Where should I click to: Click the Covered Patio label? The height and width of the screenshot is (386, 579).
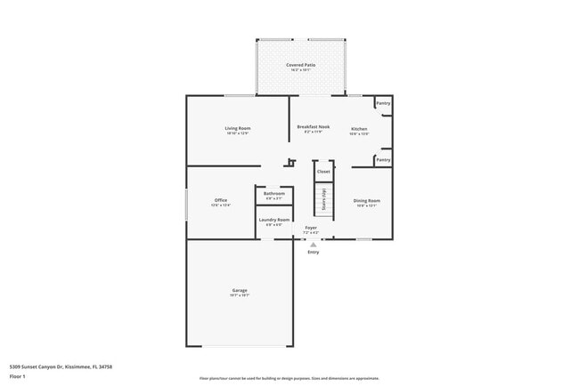(300, 66)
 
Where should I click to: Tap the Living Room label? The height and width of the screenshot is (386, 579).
(237, 129)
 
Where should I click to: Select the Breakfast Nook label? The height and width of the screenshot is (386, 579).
(314, 129)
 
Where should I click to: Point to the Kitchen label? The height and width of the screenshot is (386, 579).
(358, 129)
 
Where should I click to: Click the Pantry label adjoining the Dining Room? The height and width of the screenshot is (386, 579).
(382, 160)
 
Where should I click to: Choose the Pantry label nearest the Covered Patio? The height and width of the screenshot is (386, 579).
(382, 103)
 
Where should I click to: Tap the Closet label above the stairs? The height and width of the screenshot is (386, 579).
(323, 172)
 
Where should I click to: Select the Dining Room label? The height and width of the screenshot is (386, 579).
(367, 201)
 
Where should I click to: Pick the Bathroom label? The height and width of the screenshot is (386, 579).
(273, 194)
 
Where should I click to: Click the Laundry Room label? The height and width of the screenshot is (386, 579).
(273, 220)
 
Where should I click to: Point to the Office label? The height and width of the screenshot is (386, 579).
(221, 201)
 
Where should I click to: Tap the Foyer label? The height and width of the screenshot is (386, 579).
(311, 229)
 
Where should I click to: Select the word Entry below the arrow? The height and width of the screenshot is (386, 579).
(313, 253)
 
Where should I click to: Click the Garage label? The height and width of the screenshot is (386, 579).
(240, 292)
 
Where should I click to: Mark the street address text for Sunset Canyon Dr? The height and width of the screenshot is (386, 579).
(61, 366)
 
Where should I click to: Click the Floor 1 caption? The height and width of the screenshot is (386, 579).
(18, 376)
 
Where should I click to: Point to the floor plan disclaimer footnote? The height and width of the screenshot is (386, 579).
(289, 379)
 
